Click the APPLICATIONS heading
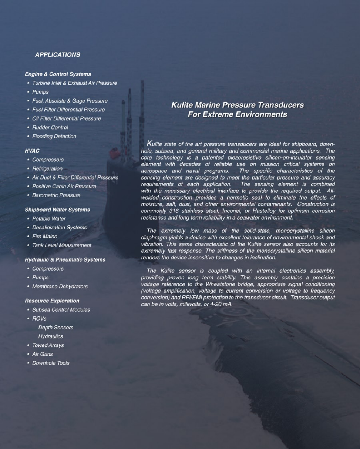click(57, 55)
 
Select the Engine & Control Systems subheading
click(58, 74)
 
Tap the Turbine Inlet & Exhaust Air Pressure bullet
click(74, 83)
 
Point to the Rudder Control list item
click(50, 127)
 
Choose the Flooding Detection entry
click(54, 136)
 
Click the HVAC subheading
click(32, 151)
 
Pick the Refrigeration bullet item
click(47, 168)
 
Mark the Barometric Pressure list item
click(56, 195)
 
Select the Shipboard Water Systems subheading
click(57, 210)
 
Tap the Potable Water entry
click(48, 218)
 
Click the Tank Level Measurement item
click(61, 245)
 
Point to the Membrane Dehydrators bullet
click(60, 286)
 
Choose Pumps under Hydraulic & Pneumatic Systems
click(40, 277)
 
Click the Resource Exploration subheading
click(52, 301)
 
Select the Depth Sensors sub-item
click(55, 327)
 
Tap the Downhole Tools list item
click(51, 363)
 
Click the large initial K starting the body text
click(150, 143)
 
